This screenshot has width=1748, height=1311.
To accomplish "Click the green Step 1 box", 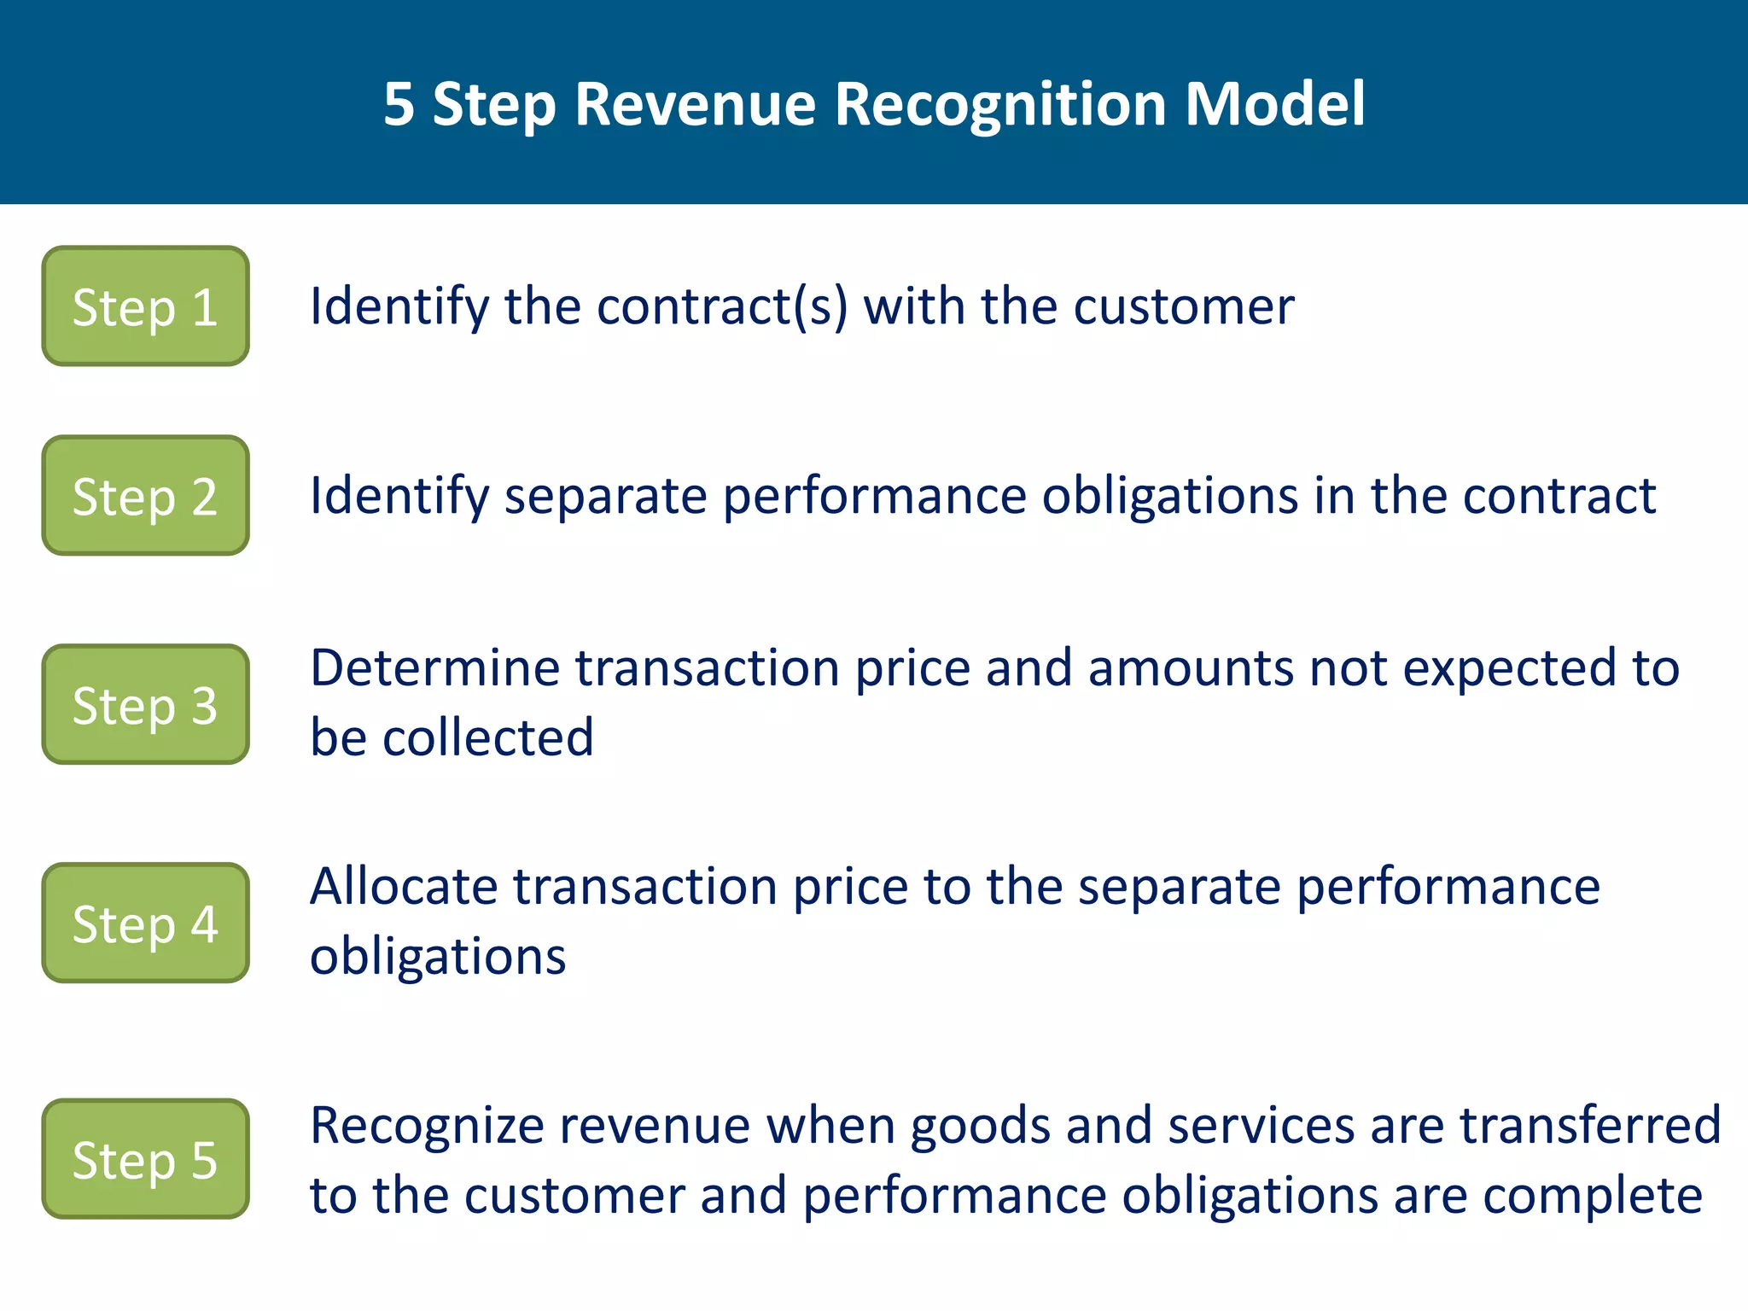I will pos(145,306).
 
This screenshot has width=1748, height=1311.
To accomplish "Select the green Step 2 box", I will pos(145,496).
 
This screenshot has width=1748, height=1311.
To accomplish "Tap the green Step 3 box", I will pos(145,705).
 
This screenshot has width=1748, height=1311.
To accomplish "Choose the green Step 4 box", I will pos(145,923).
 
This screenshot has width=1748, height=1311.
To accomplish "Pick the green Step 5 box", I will pos(145,1159).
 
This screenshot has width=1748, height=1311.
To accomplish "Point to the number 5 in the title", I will pos(399,104).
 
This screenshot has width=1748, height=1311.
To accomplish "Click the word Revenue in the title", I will pos(696,104).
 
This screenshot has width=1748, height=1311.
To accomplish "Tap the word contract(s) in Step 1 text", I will pos(722,306).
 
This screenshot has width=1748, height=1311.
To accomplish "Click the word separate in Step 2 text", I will pos(605,497).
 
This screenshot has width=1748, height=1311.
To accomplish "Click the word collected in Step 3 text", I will pos(487,737).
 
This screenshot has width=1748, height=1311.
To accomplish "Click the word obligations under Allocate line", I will pos(437,957).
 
